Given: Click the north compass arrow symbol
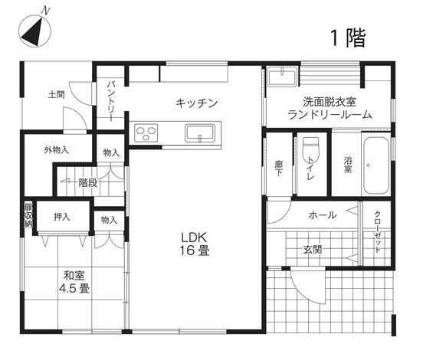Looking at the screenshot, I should pos(32,30).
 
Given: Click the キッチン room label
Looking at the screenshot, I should pos(198,102).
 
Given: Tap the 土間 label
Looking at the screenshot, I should pos(55,95).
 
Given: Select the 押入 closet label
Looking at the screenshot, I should pos(62,217).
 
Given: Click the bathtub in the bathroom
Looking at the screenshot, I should pos(376,166).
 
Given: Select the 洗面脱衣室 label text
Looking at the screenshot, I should pos(330,101).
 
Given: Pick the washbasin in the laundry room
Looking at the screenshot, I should pos(285,79).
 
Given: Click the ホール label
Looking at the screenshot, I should pos(322,215).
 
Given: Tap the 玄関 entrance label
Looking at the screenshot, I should pos(312,249).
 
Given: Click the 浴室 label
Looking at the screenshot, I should pos(347,165).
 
